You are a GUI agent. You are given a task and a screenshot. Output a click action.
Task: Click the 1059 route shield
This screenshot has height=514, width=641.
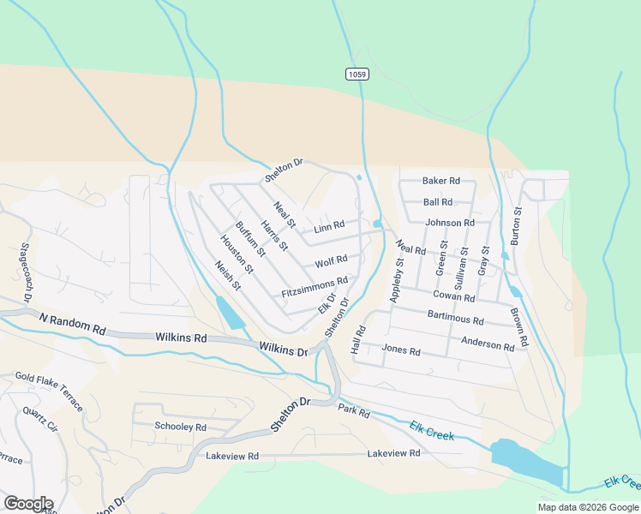coord(357,75)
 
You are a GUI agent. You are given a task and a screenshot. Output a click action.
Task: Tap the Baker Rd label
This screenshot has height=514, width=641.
coord(441,182)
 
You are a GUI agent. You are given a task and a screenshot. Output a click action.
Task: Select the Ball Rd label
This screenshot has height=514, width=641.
coord(437,202)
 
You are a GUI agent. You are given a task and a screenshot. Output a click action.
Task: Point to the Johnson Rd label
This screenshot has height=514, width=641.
coord(450,223)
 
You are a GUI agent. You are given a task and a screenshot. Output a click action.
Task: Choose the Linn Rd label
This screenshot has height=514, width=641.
coord(329,227)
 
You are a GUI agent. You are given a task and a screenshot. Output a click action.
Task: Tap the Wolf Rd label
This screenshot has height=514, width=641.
coord(331,260)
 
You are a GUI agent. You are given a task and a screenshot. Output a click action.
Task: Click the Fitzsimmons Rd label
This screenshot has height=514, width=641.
coord(315,288)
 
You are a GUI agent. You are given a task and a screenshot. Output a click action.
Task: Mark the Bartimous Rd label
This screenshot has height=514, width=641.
coord(455,318)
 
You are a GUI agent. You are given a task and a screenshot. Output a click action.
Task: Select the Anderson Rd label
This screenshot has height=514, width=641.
coord(488,344)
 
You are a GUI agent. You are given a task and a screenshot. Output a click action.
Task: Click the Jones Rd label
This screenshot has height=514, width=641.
coord(401,350)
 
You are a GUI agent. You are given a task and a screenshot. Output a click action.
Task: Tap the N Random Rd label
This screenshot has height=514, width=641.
coord(72,323)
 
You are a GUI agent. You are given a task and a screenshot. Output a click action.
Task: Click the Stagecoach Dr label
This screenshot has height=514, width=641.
coord(26,272)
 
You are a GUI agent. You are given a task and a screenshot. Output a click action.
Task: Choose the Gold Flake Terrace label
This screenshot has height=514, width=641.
coord(50,391)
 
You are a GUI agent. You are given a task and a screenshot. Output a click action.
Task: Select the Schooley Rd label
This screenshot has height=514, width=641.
coord(180,427)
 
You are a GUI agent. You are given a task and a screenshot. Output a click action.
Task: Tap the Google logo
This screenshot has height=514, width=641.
coord(27,504)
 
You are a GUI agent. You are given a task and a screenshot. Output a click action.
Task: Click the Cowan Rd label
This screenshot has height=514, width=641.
coord(453,296)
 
